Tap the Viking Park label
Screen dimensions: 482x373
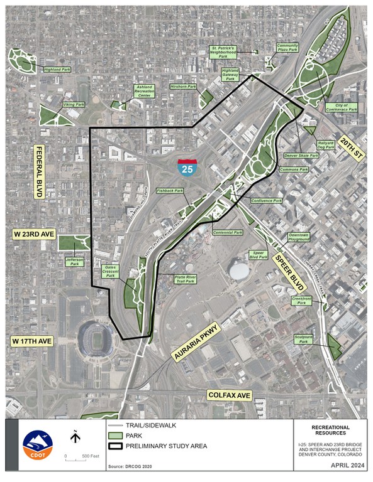tap(74, 105)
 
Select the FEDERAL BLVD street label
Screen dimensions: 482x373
tap(39, 172)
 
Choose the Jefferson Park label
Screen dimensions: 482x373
tap(74, 262)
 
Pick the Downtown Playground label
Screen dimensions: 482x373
tap(299, 237)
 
